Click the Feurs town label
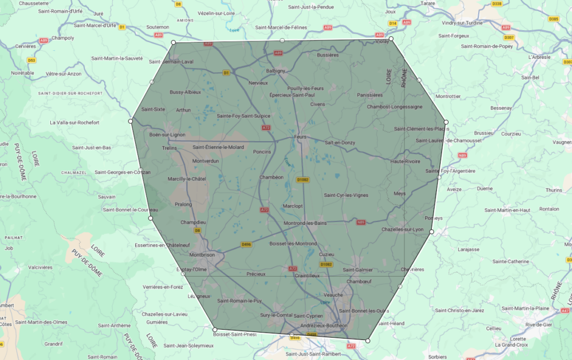click(x=301, y=136)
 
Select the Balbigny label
click(x=275, y=71)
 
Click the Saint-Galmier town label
click(x=357, y=270)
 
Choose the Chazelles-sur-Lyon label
click(x=402, y=229)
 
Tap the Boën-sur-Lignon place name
click(x=168, y=135)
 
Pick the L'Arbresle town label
click(x=539, y=56)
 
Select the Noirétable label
click(x=23, y=73)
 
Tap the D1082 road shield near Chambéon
click(x=303, y=179)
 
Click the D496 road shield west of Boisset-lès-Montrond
click(x=246, y=244)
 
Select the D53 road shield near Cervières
click(x=32, y=60)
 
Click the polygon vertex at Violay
click(x=391, y=39)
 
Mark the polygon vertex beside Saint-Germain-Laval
click(x=173, y=42)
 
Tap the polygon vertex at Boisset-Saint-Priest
click(x=215, y=329)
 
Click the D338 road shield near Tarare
click(x=497, y=4)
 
